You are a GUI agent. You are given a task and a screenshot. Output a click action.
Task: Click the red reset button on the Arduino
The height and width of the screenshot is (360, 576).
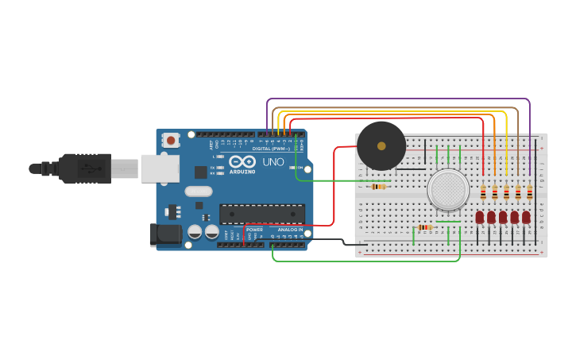point(171,140)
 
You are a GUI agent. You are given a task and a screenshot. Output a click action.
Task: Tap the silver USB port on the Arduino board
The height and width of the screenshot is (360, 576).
point(160,168)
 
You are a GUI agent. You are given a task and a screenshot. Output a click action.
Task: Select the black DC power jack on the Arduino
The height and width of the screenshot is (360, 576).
point(165,234)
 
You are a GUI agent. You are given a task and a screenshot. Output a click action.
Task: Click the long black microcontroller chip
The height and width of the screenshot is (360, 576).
point(261,214)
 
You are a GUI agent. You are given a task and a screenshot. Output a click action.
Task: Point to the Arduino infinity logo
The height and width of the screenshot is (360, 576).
point(242,162)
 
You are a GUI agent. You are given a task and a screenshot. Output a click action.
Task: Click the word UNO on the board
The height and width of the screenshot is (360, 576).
point(273,161)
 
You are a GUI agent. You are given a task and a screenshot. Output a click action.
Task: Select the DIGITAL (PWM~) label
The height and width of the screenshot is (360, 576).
point(271,149)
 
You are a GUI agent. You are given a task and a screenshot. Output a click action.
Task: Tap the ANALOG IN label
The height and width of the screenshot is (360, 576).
point(290,229)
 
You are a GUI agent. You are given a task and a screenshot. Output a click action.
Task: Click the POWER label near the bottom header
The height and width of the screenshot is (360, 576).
point(254,229)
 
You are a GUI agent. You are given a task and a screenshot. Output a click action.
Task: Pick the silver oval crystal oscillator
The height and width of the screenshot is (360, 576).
point(199,191)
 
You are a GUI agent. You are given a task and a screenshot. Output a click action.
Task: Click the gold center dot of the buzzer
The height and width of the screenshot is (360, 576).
point(381,145)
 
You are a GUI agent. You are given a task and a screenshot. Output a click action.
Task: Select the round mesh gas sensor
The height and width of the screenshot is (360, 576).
point(448,190)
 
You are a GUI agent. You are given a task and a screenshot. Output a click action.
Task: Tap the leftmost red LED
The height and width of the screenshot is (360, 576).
point(480,217)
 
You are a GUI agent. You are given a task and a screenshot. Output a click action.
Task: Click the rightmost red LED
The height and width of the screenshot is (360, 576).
point(526,217)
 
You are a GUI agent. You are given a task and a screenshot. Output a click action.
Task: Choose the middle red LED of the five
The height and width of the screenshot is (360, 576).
point(503,217)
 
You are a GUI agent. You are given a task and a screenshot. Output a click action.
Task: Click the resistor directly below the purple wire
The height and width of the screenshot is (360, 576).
point(530,192)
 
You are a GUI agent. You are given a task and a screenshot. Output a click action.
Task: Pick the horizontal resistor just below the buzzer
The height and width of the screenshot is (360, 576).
point(379,187)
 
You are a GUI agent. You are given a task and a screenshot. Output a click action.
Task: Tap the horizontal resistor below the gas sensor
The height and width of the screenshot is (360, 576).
point(424,227)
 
